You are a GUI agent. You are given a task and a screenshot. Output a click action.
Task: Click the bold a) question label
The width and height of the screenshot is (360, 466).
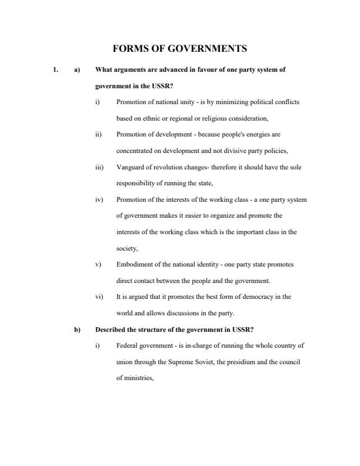pyautogui.click(x=76, y=69)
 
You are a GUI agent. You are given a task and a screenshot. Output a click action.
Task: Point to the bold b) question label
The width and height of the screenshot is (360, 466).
pyautogui.click(x=76, y=329)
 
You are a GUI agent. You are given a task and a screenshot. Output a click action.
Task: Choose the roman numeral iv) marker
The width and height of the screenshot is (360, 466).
pyautogui.click(x=99, y=199)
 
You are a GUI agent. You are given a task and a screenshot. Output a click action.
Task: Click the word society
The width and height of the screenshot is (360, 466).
pyautogui.click(x=127, y=248)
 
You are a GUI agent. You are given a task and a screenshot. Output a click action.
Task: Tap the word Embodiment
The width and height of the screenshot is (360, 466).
pyautogui.click(x=134, y=265)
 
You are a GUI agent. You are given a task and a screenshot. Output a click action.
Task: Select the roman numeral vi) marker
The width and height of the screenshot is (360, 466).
pyautogui.click(x=99, y=297)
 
